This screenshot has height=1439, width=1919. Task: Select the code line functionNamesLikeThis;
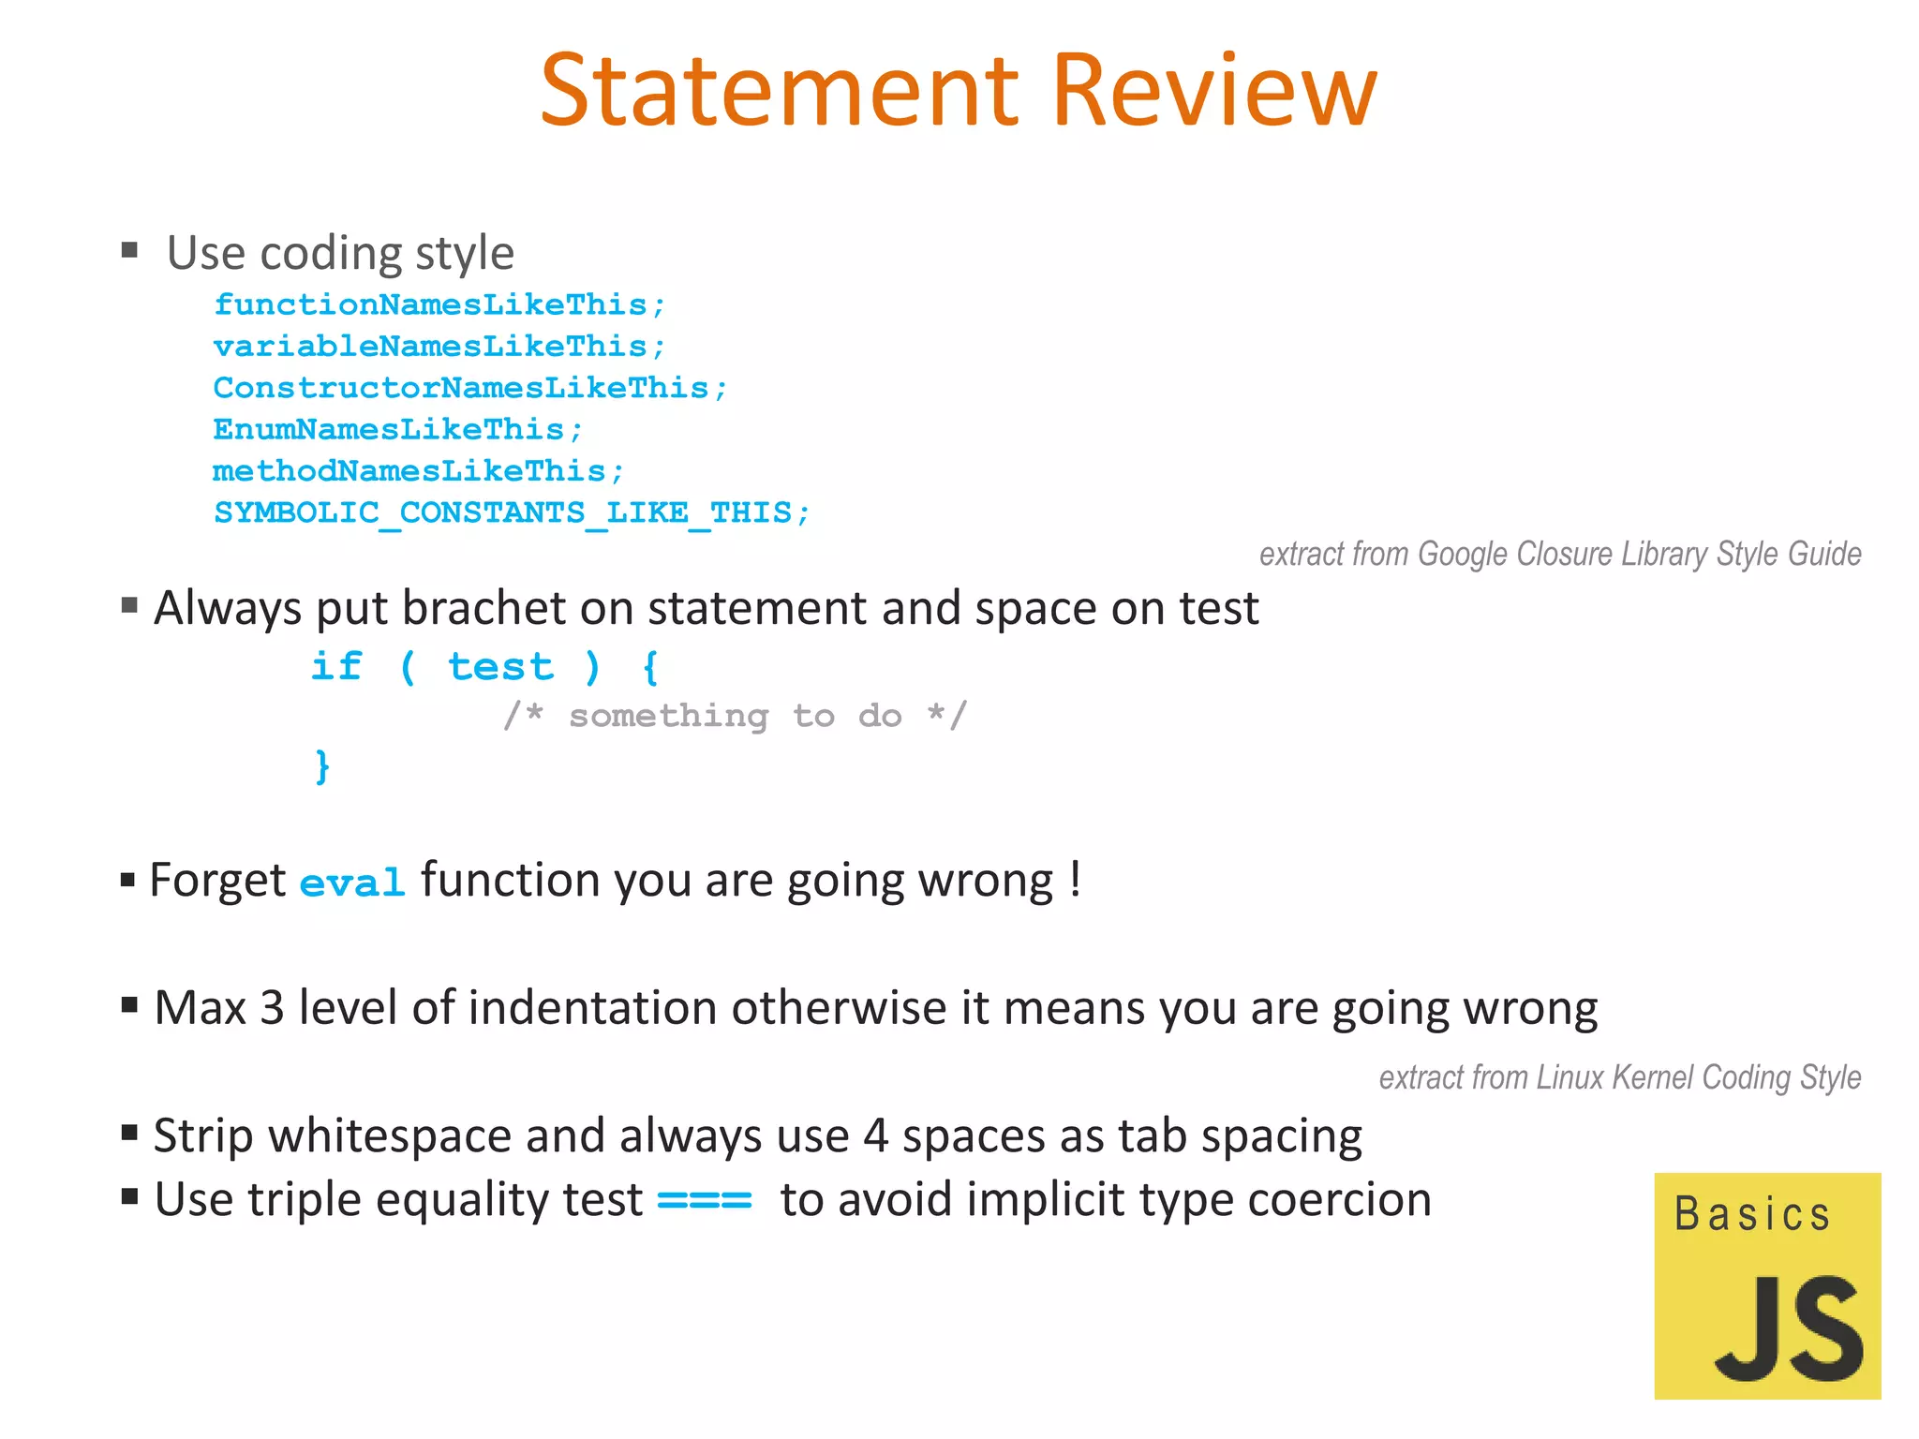[439, 304]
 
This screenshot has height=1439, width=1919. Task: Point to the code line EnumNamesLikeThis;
[398, 429]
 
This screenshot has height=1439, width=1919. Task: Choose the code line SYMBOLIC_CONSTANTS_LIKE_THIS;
[512, 512]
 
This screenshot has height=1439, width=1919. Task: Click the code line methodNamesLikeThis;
[418, 470]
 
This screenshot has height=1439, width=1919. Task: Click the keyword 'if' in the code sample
[336, 666]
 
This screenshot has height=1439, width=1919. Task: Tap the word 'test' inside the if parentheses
[500, 667]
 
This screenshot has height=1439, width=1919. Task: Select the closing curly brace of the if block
[321, 766]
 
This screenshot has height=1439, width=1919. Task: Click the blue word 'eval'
[352, 883]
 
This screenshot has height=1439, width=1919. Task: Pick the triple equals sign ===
[705, 1200]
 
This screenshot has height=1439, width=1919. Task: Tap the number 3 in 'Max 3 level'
[272, 1008]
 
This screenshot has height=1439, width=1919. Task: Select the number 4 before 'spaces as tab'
[875, 1136]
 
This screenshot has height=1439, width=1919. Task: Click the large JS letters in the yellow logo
[1789, 1329]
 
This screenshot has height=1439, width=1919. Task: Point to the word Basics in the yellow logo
[1752, 1214]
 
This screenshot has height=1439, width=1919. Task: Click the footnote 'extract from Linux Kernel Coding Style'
[1619, 1077]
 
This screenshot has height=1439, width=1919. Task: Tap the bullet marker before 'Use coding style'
[130, 250]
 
